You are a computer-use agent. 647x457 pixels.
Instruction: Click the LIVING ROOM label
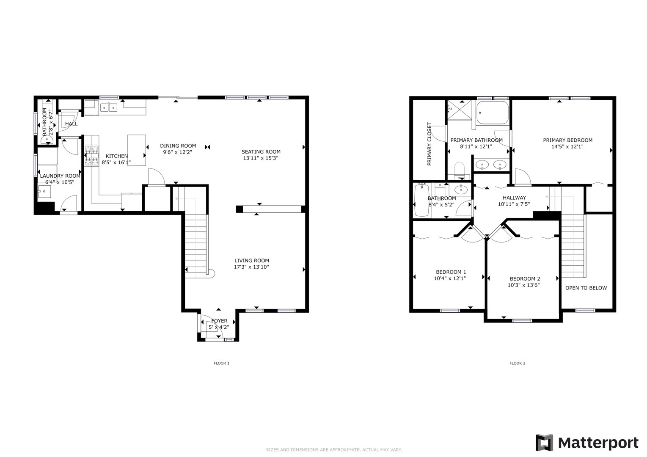[252, 261]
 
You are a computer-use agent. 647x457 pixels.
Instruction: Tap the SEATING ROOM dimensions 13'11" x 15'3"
[261, 158]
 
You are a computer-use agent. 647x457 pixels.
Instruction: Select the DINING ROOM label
[178, 146]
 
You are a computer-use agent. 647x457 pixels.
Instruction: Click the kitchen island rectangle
[137, 150]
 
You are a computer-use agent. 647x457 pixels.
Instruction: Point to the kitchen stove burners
[91, 155]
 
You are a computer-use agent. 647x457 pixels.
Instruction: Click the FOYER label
[219, 321]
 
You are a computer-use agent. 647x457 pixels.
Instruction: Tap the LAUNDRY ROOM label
[60, 176]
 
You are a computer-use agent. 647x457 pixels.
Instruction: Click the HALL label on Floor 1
[72, 124]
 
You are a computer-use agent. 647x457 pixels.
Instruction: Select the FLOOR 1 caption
[222, 363]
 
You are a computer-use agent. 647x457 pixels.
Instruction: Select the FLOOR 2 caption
[518, 363]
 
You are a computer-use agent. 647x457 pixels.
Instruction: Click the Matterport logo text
[598, 443]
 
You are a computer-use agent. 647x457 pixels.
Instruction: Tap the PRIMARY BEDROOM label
[567, 140]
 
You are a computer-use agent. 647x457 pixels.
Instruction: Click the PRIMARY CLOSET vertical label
[429, 144]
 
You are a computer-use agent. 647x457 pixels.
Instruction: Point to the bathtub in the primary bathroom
[493, 113]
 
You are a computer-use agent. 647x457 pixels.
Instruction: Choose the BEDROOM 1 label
[451, 272]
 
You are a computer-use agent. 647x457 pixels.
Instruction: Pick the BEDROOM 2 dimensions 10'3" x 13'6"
[524, 285]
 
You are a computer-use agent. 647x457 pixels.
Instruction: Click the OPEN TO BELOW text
[586, 288]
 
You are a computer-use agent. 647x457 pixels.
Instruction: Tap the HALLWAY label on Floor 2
[515, 198]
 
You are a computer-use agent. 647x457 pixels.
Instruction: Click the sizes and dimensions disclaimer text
[334, 450]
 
